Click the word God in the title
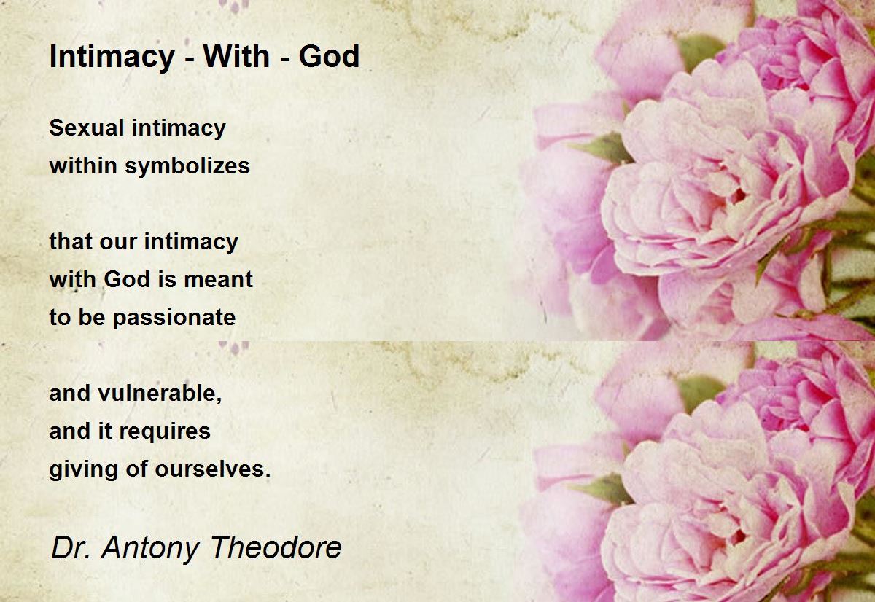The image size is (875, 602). pyautogui.click(x=329, y=56)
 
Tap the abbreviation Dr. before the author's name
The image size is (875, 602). pyautogui.click(x=70, y=548)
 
